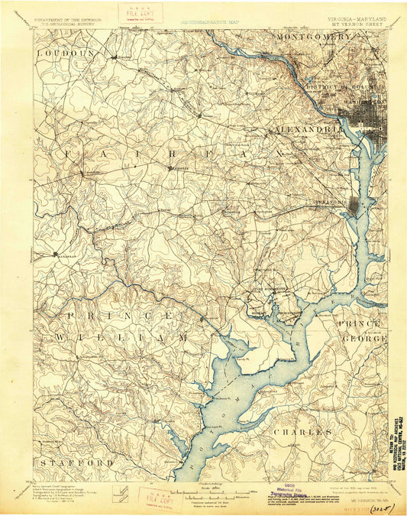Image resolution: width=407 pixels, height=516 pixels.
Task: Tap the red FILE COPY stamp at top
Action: point(127,15)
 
